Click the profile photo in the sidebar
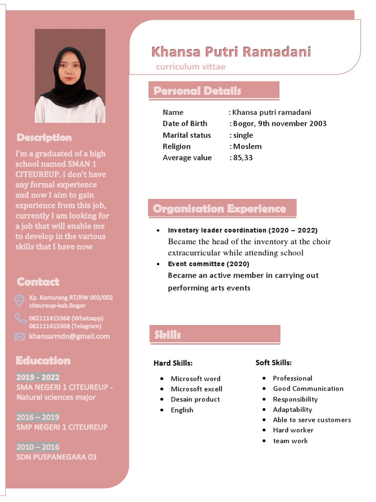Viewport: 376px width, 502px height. (70, 75)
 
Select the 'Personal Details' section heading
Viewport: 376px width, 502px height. (197, 91)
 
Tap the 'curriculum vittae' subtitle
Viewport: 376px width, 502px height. (190, 67)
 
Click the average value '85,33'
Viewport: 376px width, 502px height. (243, 158)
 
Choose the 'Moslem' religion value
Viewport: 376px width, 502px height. (247, 147)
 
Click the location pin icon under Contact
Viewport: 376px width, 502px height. (20, 301)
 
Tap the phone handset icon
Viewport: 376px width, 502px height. (20, 319)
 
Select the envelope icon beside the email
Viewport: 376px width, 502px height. (20, 336)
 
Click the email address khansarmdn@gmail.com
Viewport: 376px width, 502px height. (69, 336)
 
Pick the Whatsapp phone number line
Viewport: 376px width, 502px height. (66, 318)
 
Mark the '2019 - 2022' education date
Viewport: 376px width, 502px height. (38, 377)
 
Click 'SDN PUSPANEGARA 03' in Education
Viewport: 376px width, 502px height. (56, 457)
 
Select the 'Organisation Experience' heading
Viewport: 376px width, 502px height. (219, 209)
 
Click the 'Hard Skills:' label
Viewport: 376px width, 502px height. (173, 363)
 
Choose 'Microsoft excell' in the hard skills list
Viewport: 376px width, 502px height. (196, 389)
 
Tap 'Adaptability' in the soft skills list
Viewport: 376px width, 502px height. (292, 410)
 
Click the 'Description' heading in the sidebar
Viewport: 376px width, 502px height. (44, 138)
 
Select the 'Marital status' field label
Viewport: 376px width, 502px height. (187, 135)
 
